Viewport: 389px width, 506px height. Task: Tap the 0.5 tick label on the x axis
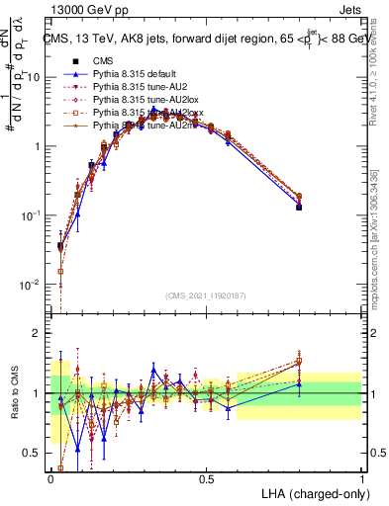pyautogui.click(x=206, y=479)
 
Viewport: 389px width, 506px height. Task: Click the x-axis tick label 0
pyautogui.click(x=50, y=479)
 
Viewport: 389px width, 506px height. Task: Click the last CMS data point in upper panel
pyautogui.click(x=299, y=207)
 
